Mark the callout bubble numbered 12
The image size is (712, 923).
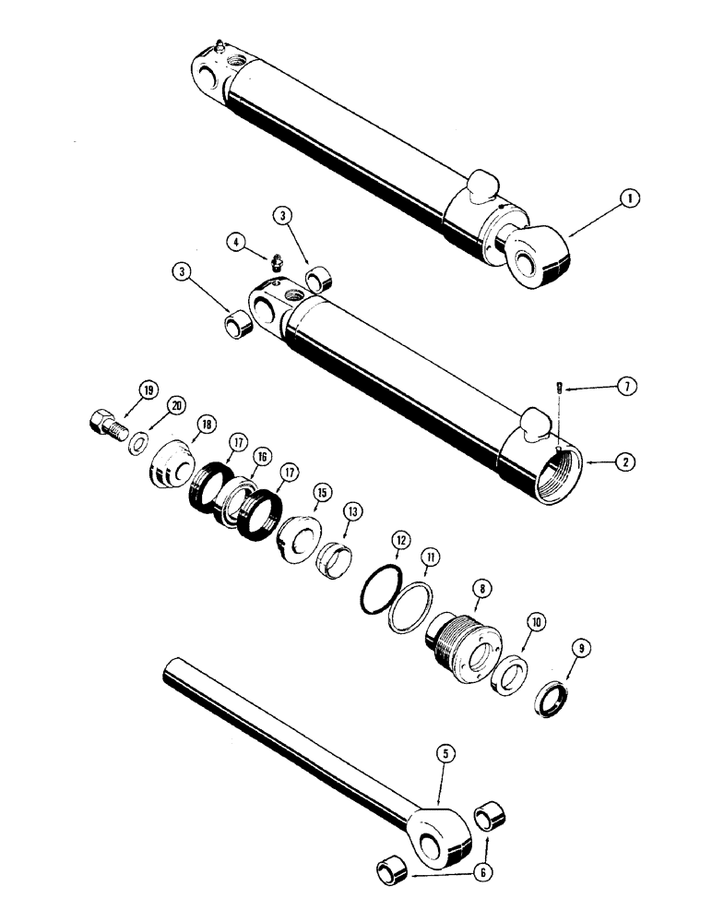click(398, 537)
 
